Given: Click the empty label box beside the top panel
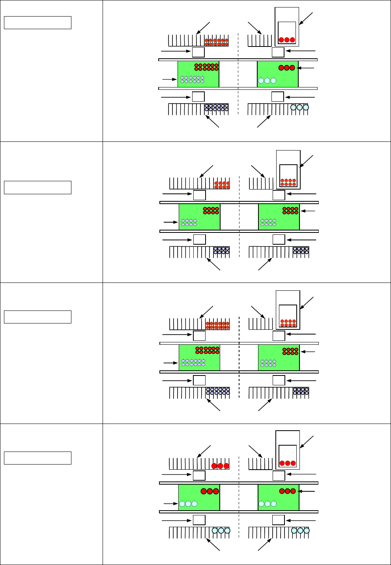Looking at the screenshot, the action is tap(37, 22).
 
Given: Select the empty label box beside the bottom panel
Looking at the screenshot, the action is tap(37, 458).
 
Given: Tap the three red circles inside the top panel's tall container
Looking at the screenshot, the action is tap(287, 40).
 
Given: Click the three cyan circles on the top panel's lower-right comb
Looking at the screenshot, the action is tap(299, 107).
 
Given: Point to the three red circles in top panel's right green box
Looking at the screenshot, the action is tap(287, 68).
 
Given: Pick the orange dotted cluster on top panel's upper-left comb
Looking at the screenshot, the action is tap(216, 42).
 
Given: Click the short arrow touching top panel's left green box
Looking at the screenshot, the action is tap(169, 80).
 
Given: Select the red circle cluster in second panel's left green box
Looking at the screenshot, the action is tap(211, 210).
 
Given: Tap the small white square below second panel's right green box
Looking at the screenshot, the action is tap(279, 239).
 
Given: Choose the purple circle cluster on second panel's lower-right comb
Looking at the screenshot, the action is tap(301, 250).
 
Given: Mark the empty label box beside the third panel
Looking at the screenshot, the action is tap(37, 317).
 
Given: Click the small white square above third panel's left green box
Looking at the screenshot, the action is tap(199, 336).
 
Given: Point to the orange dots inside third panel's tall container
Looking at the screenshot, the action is tap(288, 323).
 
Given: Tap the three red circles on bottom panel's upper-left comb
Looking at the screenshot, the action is tap(220, 466).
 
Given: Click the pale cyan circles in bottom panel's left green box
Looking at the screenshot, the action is tap(188, 504).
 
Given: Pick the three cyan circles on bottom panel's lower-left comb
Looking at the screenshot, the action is tap(221, 531).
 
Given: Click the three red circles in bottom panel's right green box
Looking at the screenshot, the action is tap(288, 491).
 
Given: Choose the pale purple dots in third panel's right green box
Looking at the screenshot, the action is tap(268, 363).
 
